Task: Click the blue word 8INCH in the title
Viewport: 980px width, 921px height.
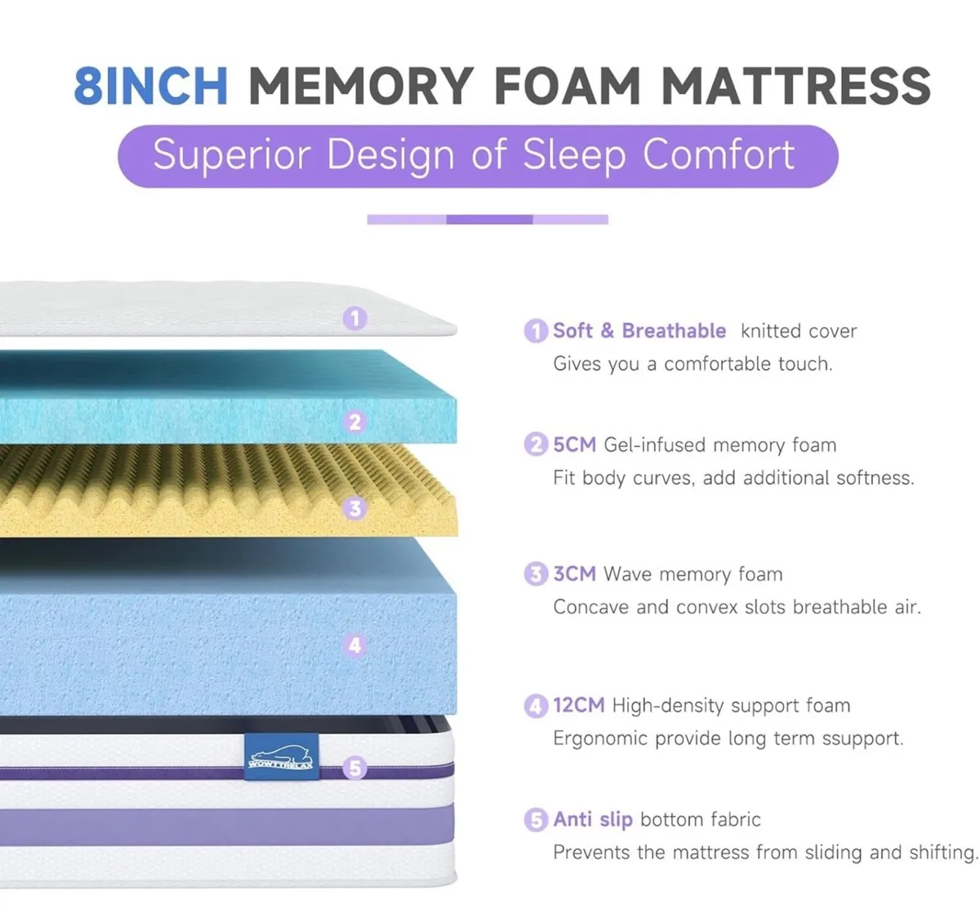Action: (151, 87)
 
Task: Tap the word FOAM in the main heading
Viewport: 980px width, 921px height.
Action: (568, 87)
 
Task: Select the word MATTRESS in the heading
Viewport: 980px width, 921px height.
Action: (796, 87)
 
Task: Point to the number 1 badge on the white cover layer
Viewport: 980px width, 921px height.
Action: (354, 318)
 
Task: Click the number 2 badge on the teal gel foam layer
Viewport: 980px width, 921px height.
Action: (354, 422)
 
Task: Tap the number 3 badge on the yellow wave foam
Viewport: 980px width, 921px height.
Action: (354, 508)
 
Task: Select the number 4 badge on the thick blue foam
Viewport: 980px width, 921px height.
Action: (354, 645)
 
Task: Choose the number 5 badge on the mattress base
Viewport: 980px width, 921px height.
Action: (354, 768)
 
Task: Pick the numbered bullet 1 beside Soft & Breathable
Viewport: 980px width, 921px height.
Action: (536, 331)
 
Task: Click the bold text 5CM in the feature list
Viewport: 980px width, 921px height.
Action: (575, 445)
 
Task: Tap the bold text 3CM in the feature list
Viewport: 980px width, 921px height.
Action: (575, 574)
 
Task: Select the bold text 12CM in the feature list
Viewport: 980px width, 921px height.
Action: (579, 704)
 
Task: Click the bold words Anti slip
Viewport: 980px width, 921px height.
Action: (593, 819)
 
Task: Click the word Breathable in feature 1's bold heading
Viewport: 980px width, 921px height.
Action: (674, 330)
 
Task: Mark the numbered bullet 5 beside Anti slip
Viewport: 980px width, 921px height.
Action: (536, 820)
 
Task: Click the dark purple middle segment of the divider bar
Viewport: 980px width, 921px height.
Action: (489, 219)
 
